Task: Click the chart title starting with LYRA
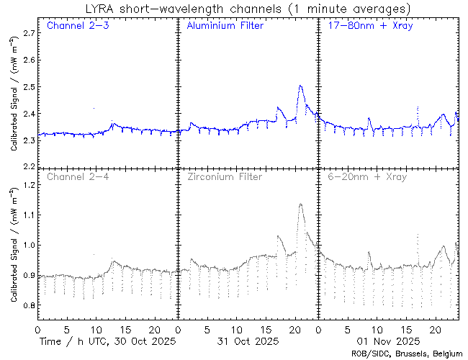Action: point(247,9)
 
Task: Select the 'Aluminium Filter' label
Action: point(225,27)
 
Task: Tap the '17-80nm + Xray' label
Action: point(365,27)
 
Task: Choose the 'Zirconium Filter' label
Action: point(224,176)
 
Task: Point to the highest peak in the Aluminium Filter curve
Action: point(300,86)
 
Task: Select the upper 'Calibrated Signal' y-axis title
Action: point(14,104)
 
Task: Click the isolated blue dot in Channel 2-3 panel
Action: point(94,108)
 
